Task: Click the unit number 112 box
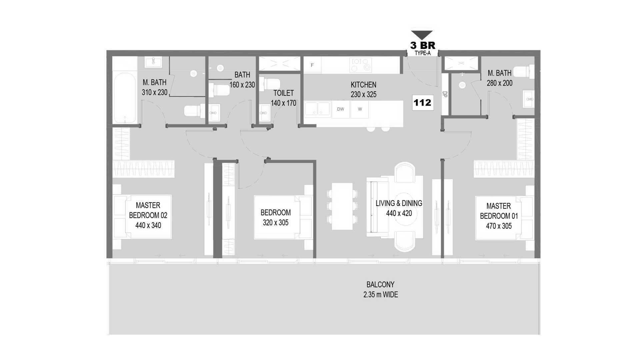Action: coord(422,102)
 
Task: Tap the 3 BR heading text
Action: coord(422,45)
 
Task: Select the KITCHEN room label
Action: coord(363,85)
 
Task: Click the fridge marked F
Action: coord(312,65)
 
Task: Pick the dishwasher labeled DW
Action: coord(340,109)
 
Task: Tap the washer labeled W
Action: coord(360,109)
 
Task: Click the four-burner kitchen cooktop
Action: coord(361,65)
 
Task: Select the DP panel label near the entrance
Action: coord(444,94)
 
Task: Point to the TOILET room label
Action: coord(283,93)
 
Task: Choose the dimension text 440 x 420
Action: coord(399,213)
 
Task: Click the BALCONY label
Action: coord(380,285)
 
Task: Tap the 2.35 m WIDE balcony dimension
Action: coord(381,295)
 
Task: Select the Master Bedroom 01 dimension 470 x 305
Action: coord(499,226)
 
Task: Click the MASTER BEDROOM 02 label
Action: coord(148,210)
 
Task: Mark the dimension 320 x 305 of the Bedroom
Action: coord(275,223)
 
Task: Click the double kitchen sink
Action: coord(317,109)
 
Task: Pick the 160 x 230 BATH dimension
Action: coord(242,85)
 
